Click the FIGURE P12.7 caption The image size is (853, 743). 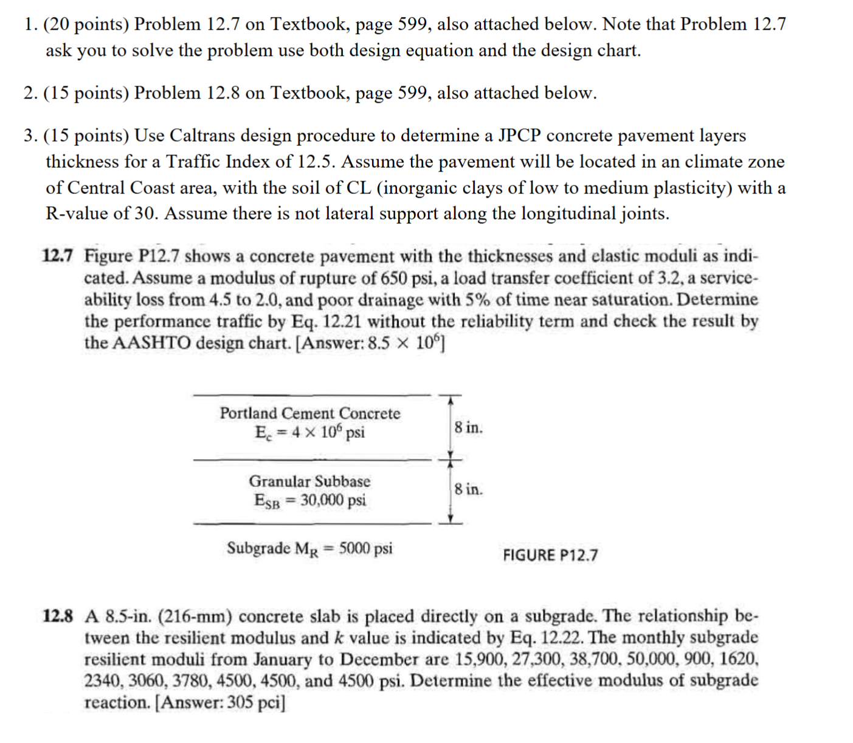pyautogui.click(x=550, y=555)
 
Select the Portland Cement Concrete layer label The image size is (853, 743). pyautogui.click(x=310, y=413)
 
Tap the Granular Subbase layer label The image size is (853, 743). pyautogui.click(x=309, y=482)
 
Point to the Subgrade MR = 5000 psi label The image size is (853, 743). pyautogui.click(x=309, y=548)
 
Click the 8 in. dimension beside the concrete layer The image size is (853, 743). pyautogui.click(x=469, y=427)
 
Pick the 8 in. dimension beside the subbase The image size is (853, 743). pyautogui.click(x=469, y=489)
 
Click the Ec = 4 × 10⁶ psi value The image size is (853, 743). pyautogui.click(x=310, y=433)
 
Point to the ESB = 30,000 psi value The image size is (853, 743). pyautogui.click(x=310, y=501)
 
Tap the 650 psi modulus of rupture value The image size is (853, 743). pyautogui.click(x=402, y=278)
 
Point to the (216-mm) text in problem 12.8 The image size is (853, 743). pyautogui.click(x=195, y=617)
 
